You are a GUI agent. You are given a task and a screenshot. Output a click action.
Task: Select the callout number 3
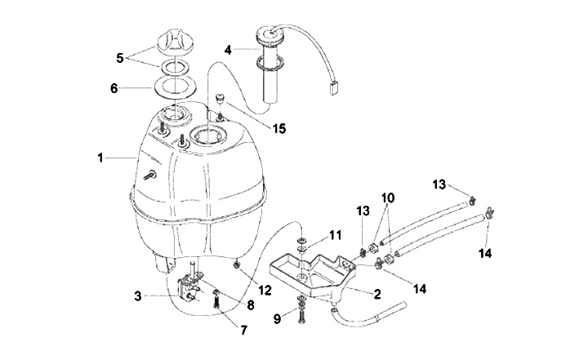139,296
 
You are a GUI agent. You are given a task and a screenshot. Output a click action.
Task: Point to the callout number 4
229,49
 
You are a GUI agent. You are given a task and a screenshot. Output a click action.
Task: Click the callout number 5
122,58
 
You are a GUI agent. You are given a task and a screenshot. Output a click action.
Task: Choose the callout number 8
251,304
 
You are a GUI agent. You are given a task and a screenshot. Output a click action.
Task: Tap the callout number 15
258,127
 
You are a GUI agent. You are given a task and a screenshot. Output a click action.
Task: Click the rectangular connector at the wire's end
334,91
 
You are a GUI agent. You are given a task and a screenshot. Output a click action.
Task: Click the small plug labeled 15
220,100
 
